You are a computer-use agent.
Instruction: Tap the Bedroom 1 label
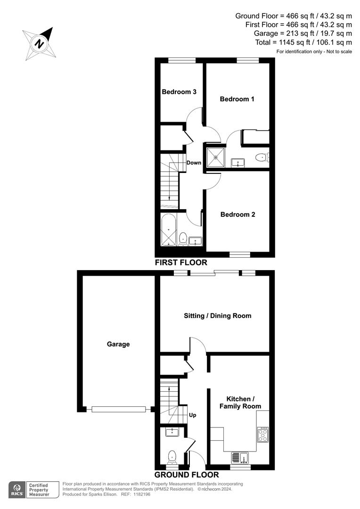[237, 99]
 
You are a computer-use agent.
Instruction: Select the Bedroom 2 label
[237, 214]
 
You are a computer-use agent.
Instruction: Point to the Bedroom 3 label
[179, 92]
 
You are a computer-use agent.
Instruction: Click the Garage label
[118, 344]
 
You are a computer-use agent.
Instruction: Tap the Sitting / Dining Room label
[217, 316]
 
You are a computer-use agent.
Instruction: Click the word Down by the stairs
[194, 163]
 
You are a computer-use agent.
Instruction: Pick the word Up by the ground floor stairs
[192, 415]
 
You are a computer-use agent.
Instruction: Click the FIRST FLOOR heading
[181, 263]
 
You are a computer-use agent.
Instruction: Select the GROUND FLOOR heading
[187, 475]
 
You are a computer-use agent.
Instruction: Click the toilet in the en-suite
[261, 157]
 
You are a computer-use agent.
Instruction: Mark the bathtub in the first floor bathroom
[168, 230]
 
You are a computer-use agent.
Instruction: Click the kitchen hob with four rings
[262, 434]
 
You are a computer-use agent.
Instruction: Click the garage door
[118, 410]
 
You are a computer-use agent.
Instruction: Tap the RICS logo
[17, 489]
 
